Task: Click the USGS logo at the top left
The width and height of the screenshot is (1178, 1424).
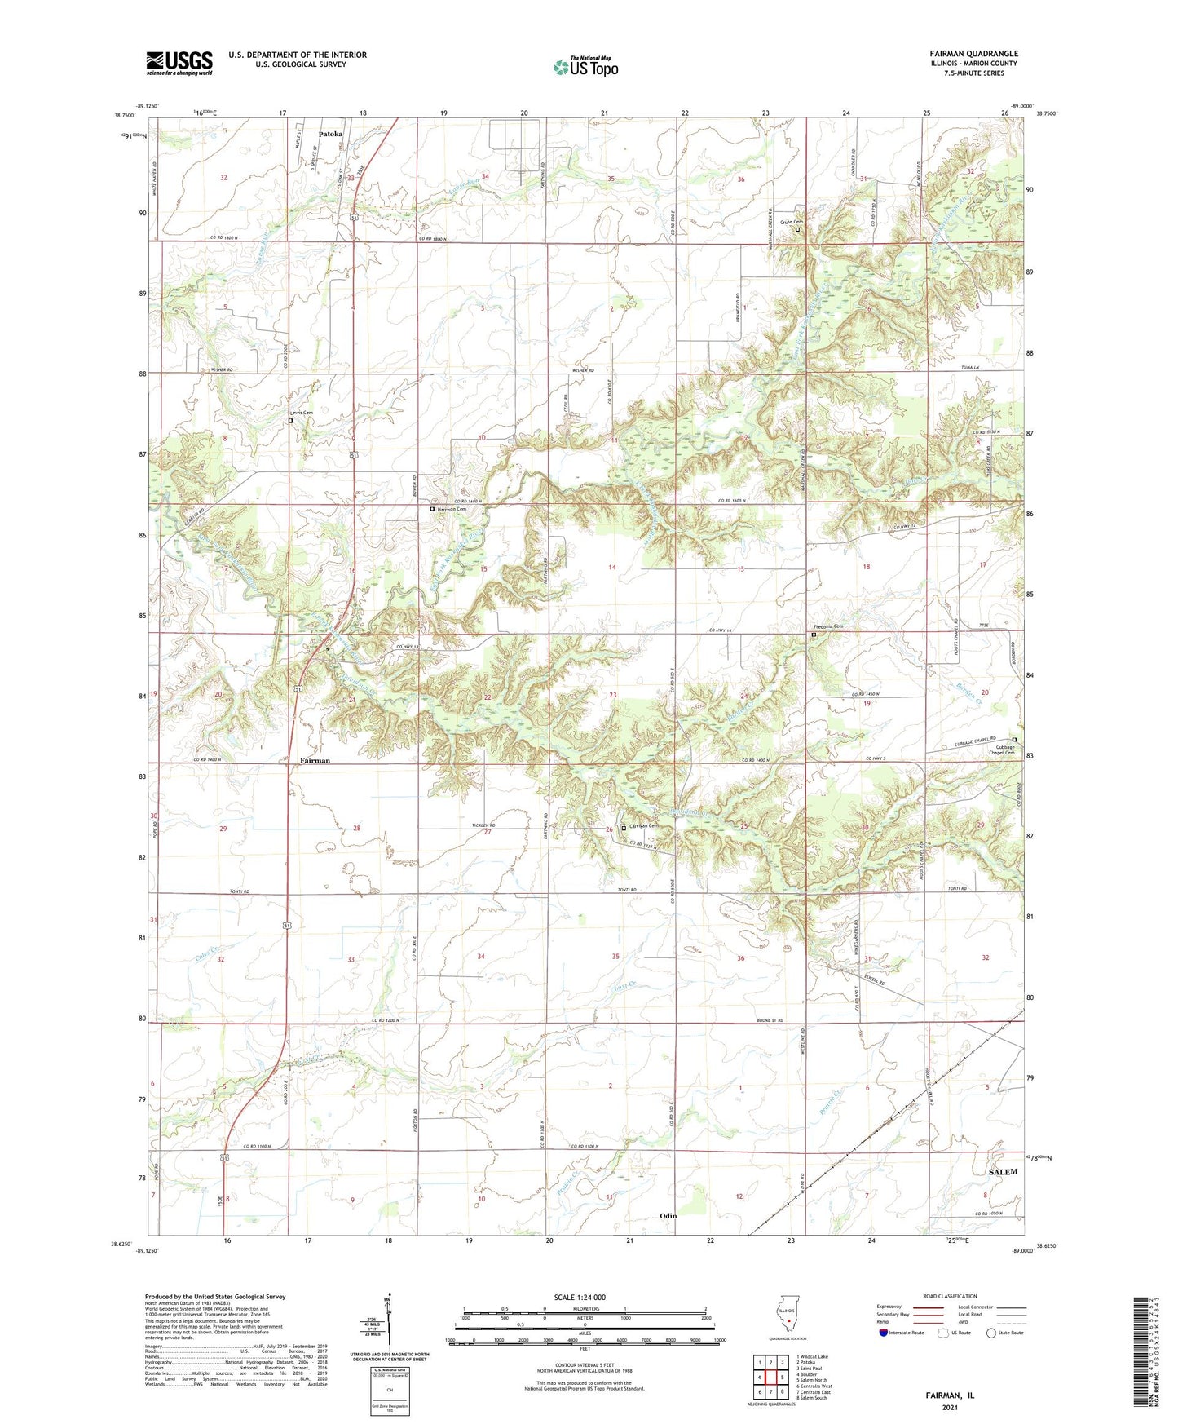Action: [179, 63]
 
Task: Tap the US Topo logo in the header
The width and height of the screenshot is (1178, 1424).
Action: [585, 66]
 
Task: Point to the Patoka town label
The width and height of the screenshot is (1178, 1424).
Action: [330, 134]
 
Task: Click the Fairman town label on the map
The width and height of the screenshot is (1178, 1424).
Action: [315, 760]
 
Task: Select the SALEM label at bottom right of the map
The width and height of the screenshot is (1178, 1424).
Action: [1003, 1172]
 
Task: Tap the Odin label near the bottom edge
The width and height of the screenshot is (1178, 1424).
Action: [668, 1216]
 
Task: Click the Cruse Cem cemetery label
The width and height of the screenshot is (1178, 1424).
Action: [791, 222]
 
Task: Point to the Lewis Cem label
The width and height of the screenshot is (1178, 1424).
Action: [301, 413]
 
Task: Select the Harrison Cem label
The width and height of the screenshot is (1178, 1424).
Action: [452, 509]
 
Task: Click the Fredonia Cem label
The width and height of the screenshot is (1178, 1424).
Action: [827, 626]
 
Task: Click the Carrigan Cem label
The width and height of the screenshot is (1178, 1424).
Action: [642, 826]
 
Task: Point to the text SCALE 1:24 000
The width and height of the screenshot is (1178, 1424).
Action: [579, 1298]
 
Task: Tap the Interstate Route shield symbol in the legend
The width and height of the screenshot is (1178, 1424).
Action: [883, 1333]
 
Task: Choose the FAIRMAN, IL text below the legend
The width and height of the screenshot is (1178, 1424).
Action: [950, 1395]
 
